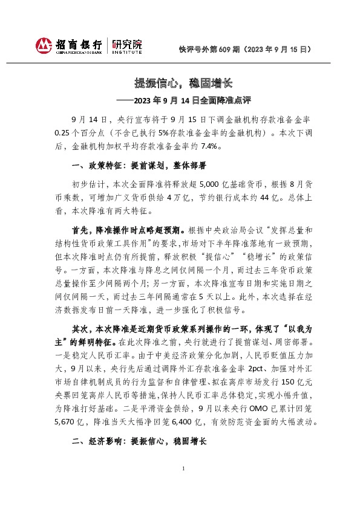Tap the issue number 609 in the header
(x=222, y=49)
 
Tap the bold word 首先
(x=80, y=230)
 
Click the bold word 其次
(x=80, y=329)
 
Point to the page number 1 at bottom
(x=183, y=487)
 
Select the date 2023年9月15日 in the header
(x=277, y=49)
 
